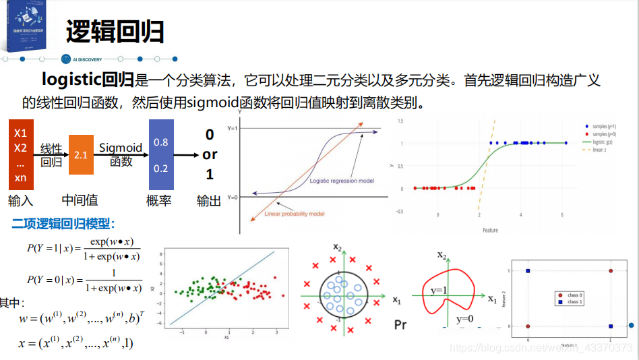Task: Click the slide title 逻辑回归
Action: coord(115,32)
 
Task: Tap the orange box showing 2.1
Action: coord(81,154)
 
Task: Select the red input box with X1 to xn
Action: coord(21,154)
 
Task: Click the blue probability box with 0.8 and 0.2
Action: coord(160,154)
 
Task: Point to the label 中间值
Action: coord(80,200)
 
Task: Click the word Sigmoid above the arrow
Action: coord(121,148)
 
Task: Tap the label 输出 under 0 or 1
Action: coord(209,200)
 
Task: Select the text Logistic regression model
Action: coord(342,181)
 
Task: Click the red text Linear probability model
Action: coord(295,214)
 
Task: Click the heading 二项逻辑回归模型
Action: coord(63,223)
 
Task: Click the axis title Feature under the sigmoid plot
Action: coord(490,231)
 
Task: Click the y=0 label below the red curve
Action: coord(464,318)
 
